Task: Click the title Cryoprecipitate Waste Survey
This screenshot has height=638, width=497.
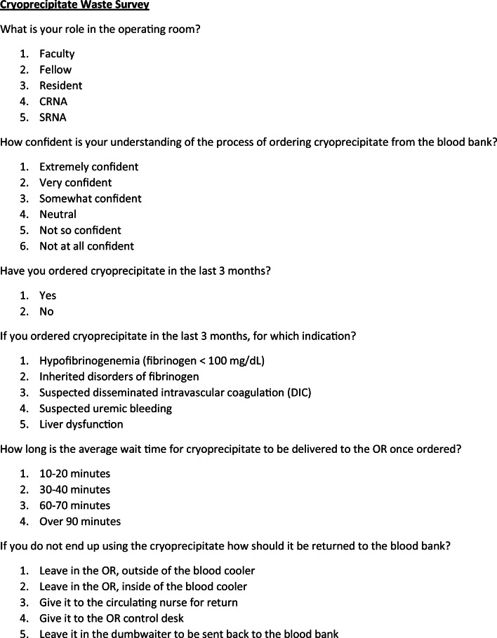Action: click(x=74, y=6)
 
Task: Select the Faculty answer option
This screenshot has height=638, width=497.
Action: click(x=57, y=54)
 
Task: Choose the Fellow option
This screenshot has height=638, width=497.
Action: click(x=55, y=69)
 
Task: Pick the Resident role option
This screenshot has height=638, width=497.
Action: click(x=60, y=86)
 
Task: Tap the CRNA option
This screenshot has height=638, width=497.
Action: click(x=53, y=102)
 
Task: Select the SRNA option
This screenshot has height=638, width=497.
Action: click(x=53, y=117)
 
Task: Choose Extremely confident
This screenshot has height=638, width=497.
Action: click(x=88, y=167)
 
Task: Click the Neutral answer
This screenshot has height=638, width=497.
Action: click(x=58, y=215)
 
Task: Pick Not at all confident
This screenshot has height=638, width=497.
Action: click(x=86, y=246)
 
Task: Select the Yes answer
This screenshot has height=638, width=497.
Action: click(x=48, y=296)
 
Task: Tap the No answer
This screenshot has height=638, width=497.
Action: click(x=46, y=311)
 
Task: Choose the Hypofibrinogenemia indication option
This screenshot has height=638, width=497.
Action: click(x=152, y=361)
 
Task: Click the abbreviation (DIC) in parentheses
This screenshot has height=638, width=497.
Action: click(x=297, y=393)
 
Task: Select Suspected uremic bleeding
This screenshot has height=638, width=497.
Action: click(x=105, y=408)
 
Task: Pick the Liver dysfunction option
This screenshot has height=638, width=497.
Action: click(x=81, y=424)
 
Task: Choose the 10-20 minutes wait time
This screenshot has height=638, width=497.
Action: click(x=74, y=474)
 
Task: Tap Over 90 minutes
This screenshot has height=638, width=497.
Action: click(x=80, y=522)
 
